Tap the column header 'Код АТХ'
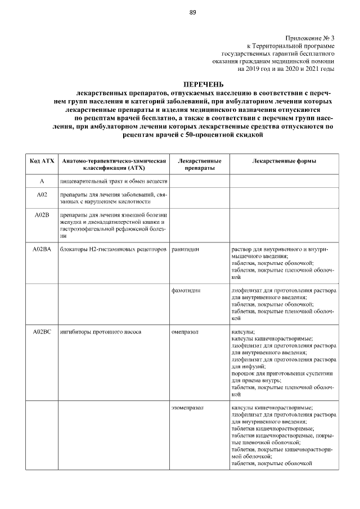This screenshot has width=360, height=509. [42, 161]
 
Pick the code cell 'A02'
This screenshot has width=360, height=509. [42, 195]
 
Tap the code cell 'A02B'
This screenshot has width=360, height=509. [42, 215]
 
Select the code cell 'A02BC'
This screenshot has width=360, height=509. [42, 332]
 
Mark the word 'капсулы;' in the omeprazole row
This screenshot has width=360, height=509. [244, 332]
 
